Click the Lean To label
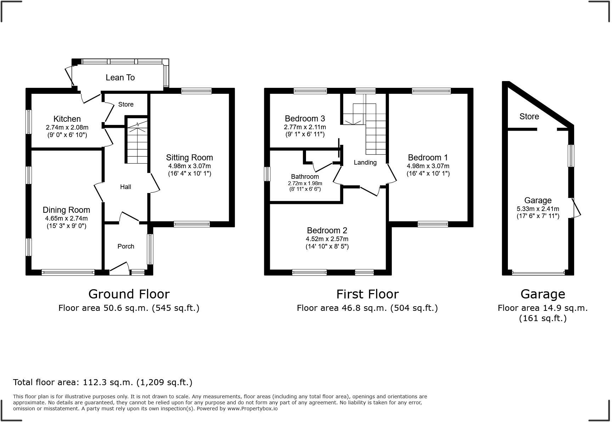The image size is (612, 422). (120, 78)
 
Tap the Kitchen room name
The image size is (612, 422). (67, 119)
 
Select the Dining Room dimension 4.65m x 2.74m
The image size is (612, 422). (66, 218)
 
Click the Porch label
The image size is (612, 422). (126, 246)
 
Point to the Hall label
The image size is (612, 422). (125, 187)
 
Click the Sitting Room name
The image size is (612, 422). (189, 158)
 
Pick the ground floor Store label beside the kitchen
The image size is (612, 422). (126, 104)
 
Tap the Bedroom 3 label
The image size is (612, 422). (305, 119)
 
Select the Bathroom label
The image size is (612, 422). (305, 177)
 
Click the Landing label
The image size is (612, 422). (365, 162)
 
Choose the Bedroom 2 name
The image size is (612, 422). (327, 230)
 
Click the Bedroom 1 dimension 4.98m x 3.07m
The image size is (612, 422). (428, 166)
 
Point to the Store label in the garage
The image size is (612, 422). (529, 116)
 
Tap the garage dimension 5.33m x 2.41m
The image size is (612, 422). (538, 209)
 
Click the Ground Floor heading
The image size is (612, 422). (129, 294)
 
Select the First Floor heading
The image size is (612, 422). (367, 294)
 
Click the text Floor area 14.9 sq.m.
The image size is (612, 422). (543, 308)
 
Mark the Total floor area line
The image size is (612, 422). (103, 382)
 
